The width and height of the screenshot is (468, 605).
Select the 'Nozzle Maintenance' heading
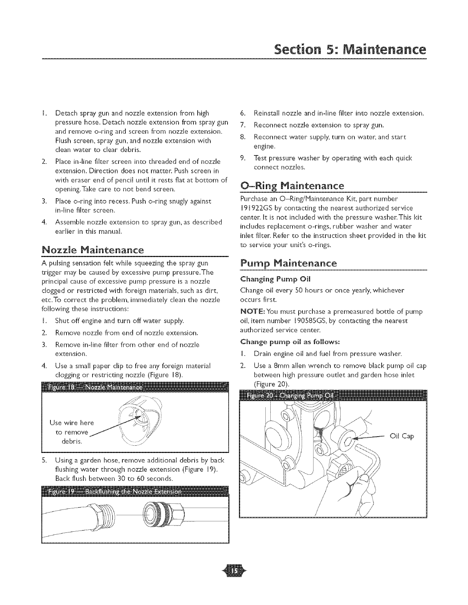[93, 251]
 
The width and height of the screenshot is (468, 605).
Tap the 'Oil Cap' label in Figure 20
[402, 436]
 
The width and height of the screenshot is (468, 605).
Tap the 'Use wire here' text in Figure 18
[71, 423]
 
